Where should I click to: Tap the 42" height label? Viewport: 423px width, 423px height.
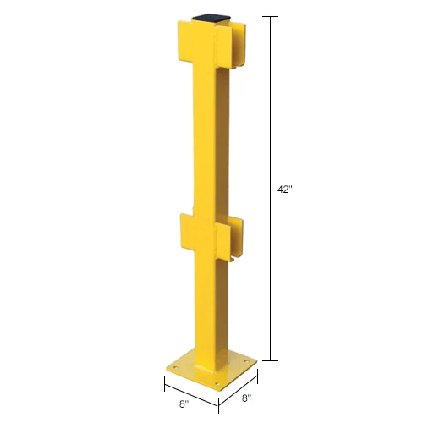(283, 190)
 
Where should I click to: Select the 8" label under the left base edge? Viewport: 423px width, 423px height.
(184, 404)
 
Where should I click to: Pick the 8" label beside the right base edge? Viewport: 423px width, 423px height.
(247, 398)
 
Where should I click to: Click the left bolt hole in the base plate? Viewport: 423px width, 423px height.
(175, 367)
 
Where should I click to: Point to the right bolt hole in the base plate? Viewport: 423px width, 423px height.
(247, 361)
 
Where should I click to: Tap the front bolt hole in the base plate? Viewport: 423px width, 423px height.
(217, 384)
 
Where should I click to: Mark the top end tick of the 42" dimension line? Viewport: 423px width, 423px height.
(271, 16)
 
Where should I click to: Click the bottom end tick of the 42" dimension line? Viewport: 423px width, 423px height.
(271, 360)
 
